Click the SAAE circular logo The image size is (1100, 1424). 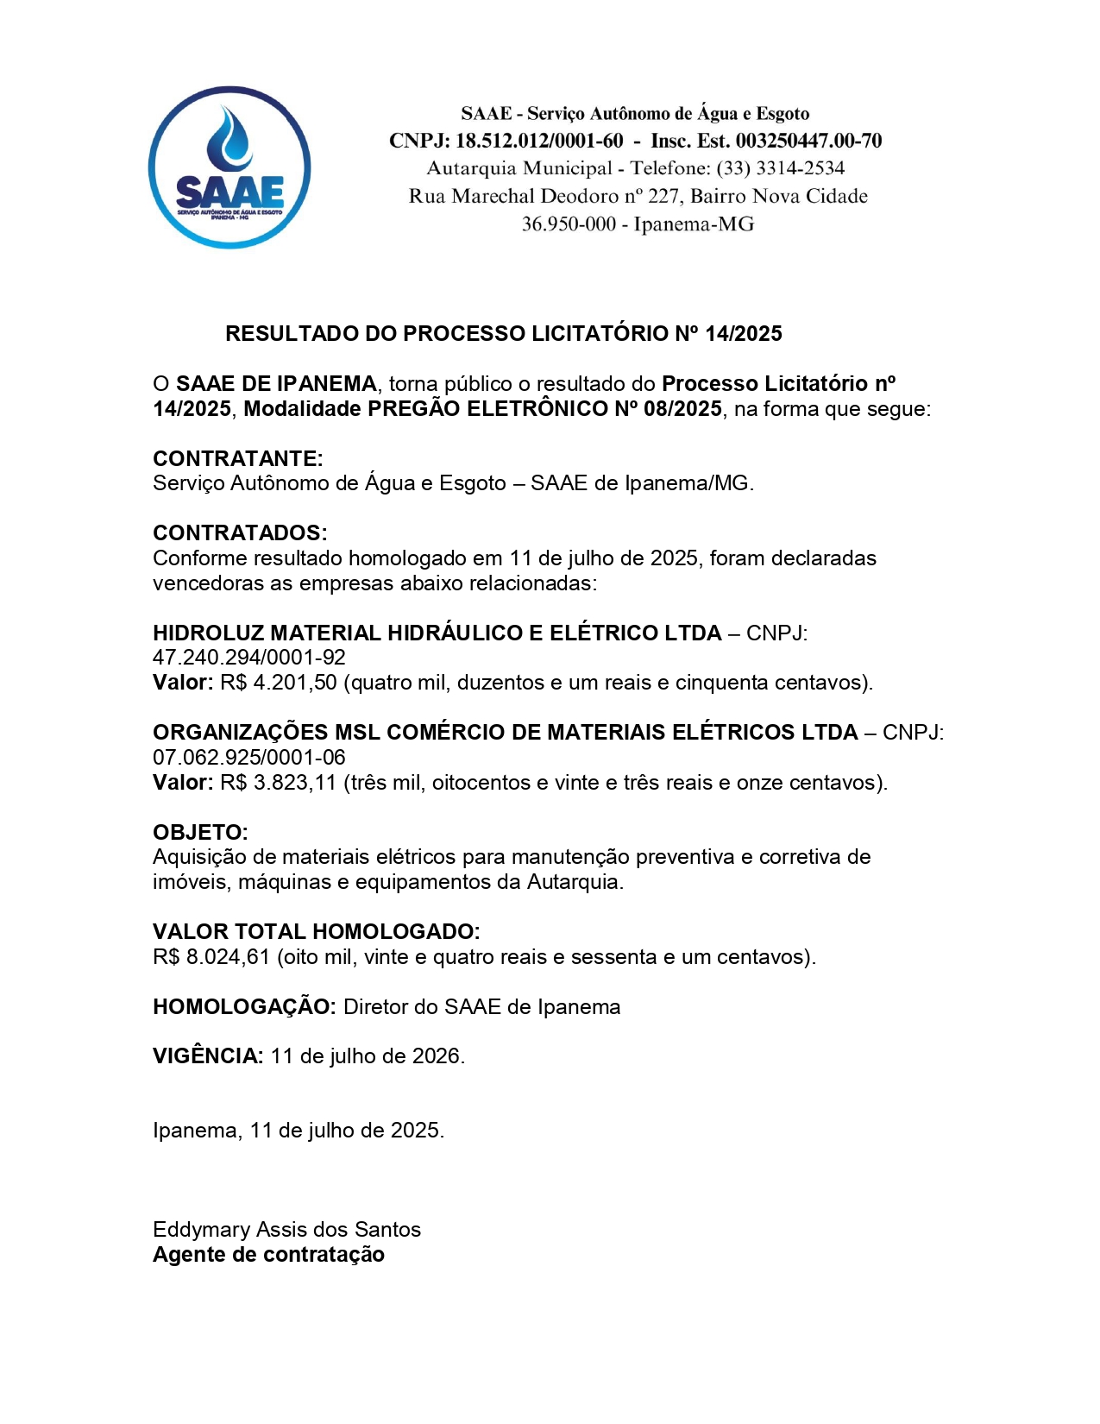[x=229, y=167]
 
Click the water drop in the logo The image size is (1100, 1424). [x=229, y=138]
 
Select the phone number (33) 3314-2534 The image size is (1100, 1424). [x=780, y=168]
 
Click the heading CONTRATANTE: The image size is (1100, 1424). [x=237, y=458]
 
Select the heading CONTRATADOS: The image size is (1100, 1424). [x=240, y=532]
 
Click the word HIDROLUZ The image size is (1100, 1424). [x=208, y=633]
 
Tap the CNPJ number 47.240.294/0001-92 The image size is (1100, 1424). [x=248, y=658]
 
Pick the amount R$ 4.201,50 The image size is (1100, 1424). [x=278, y=683]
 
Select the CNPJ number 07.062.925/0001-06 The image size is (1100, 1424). [x=248, y=758]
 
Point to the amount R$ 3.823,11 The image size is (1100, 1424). [x=278, y=783]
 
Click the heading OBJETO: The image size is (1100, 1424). [x=200, y=833]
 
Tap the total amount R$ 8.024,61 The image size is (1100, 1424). [x=211, y=957]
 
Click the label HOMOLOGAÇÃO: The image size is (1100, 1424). [x=244, y=1007]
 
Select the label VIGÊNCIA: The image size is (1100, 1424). [x=208, y=1056]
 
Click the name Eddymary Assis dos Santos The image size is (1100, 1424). [x=286, y=1230]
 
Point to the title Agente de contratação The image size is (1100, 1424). [x=268, y=1255]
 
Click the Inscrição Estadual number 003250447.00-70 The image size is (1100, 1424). [x=808, y=141]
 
